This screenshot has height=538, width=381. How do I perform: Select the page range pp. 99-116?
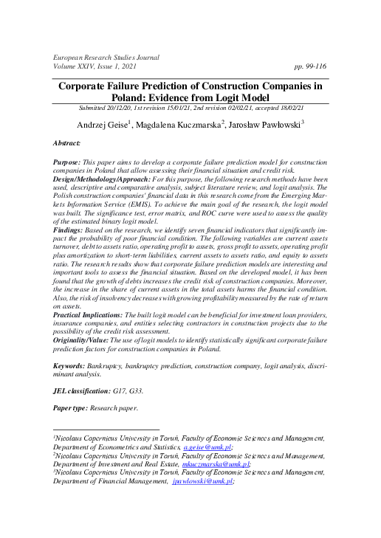click(x=309, y=66)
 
